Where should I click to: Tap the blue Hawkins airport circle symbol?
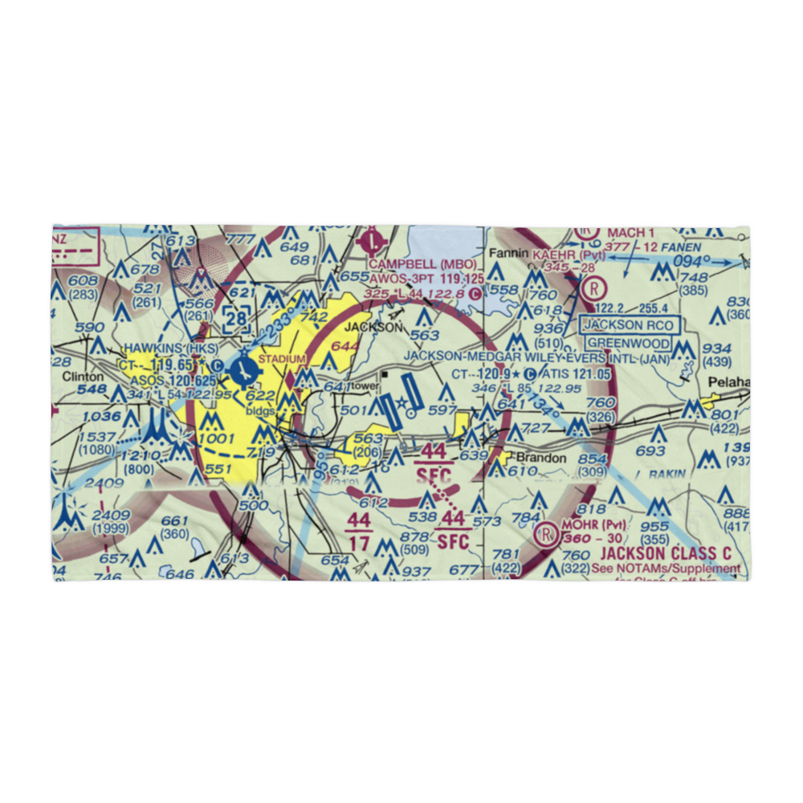point(243,370)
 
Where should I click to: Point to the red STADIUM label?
point(281,359)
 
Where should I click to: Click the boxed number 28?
point(235,319)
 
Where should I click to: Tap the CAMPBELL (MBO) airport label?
point(423,264)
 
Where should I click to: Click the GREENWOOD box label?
point(626,344)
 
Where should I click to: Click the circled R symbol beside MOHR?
point(547,532)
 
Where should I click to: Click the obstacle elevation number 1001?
point(218,439)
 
